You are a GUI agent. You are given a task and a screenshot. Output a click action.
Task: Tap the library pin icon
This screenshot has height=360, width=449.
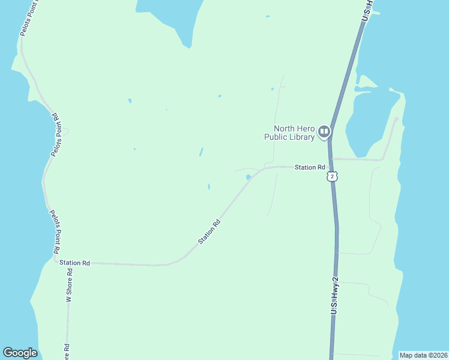pos(324,131)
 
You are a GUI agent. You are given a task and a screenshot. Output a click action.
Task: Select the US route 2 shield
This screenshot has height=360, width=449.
pos(332,176)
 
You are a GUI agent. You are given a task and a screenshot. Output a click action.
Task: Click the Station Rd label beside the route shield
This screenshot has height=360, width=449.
pos(310,167)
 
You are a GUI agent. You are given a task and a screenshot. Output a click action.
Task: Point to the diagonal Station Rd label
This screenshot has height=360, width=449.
pos(209,232)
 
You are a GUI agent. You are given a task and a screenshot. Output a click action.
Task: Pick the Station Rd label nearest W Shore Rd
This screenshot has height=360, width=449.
pos(74,263)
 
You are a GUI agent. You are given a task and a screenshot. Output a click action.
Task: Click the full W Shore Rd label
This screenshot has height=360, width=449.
pos(69,289)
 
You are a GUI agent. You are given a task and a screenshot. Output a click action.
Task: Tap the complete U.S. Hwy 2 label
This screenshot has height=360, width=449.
pos(336,292)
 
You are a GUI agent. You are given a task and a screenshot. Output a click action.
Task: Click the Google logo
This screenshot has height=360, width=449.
pos(20,353)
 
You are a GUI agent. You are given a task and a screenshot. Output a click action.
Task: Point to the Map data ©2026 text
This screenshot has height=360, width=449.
pos(423,355)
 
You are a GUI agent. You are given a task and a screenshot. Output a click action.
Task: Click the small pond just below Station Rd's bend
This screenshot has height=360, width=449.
pos(248,177)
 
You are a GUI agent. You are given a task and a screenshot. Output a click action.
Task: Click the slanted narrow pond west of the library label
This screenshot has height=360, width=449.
pos(201,152)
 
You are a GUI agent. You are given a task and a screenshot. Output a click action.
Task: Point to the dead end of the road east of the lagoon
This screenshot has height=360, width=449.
pos(396,119)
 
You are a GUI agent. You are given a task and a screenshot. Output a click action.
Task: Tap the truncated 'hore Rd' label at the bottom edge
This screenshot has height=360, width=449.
pos(67,352)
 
